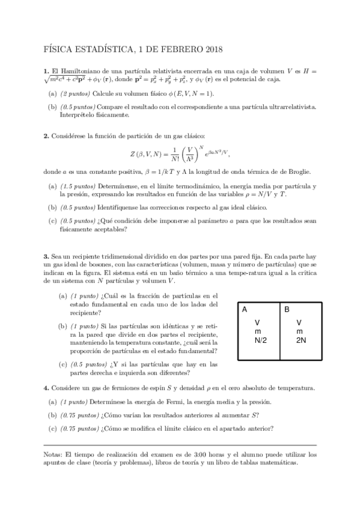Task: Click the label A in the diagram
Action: click(x=245, y=310)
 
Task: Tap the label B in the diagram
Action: click(x=287, y=310)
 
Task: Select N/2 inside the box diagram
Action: click(x=260, y=340)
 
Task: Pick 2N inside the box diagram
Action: click(x=301, y=340)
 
